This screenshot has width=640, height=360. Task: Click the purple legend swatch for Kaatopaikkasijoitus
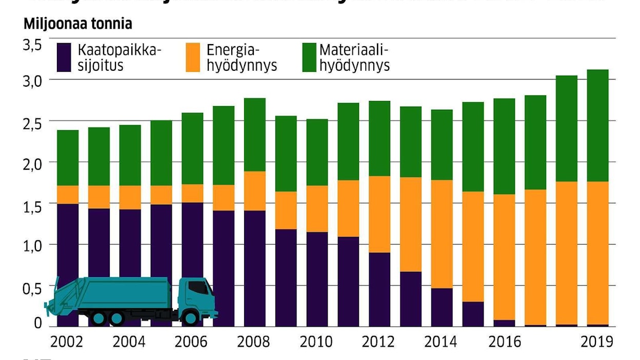64,57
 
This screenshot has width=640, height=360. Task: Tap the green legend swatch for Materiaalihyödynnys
309,57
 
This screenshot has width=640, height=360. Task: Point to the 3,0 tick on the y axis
32,81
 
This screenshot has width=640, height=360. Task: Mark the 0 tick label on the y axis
38,324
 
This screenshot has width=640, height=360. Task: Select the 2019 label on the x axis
597,342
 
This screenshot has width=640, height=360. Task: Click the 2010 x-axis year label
316,342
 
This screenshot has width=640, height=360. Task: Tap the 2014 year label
442,342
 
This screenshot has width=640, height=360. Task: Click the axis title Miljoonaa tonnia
77,24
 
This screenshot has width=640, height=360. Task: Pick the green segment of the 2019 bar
597,125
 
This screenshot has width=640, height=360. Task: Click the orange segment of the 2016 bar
504,257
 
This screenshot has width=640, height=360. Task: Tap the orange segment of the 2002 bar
68,194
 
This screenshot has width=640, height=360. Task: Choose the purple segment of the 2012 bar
379,289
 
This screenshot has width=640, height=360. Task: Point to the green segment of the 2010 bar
316,152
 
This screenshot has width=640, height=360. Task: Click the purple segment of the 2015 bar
472,314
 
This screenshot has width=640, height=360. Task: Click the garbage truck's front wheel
191,318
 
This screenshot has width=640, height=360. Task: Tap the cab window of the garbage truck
198,288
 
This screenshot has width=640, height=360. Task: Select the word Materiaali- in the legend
354,50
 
